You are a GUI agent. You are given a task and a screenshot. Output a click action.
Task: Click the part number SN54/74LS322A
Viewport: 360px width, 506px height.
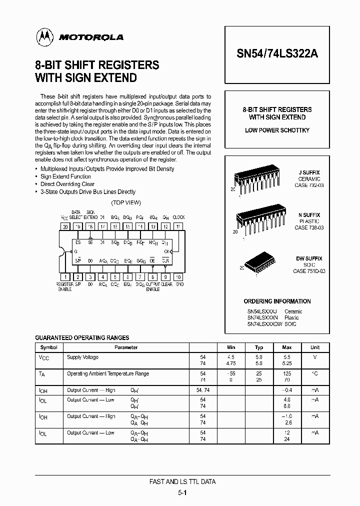[276, 55]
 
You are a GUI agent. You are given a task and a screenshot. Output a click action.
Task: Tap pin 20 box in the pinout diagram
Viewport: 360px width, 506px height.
[65, 226]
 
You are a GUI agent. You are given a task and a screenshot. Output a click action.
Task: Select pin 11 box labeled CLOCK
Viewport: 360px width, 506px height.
[178, 226]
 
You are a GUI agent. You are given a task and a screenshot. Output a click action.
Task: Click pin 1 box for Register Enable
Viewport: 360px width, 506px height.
[65, 276]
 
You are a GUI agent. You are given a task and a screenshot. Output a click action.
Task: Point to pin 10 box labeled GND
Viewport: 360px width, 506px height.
[178, 276]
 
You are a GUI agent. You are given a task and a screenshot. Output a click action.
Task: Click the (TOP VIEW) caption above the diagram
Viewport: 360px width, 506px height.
[125, 202]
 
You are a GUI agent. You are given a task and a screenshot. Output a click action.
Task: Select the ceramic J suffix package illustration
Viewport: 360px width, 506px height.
[260, 179]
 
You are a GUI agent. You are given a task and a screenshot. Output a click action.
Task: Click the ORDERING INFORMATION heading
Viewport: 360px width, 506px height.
[277, 301]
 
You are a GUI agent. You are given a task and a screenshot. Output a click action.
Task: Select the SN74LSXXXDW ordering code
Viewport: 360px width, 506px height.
[264, 324]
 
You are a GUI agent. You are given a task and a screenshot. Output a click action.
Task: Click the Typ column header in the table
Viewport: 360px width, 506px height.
[259, 347]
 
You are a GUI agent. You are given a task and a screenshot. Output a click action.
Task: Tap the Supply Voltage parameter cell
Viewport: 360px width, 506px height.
[83, 357]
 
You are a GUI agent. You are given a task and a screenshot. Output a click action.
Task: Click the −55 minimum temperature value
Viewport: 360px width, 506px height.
[230, 374]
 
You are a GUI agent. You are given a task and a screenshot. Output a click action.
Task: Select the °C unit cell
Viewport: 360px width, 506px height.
[314, 374]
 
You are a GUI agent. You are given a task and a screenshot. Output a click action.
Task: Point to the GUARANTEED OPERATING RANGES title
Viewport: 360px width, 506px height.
[82, 338]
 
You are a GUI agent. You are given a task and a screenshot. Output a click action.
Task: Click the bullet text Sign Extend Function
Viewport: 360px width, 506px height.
[65, 176]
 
